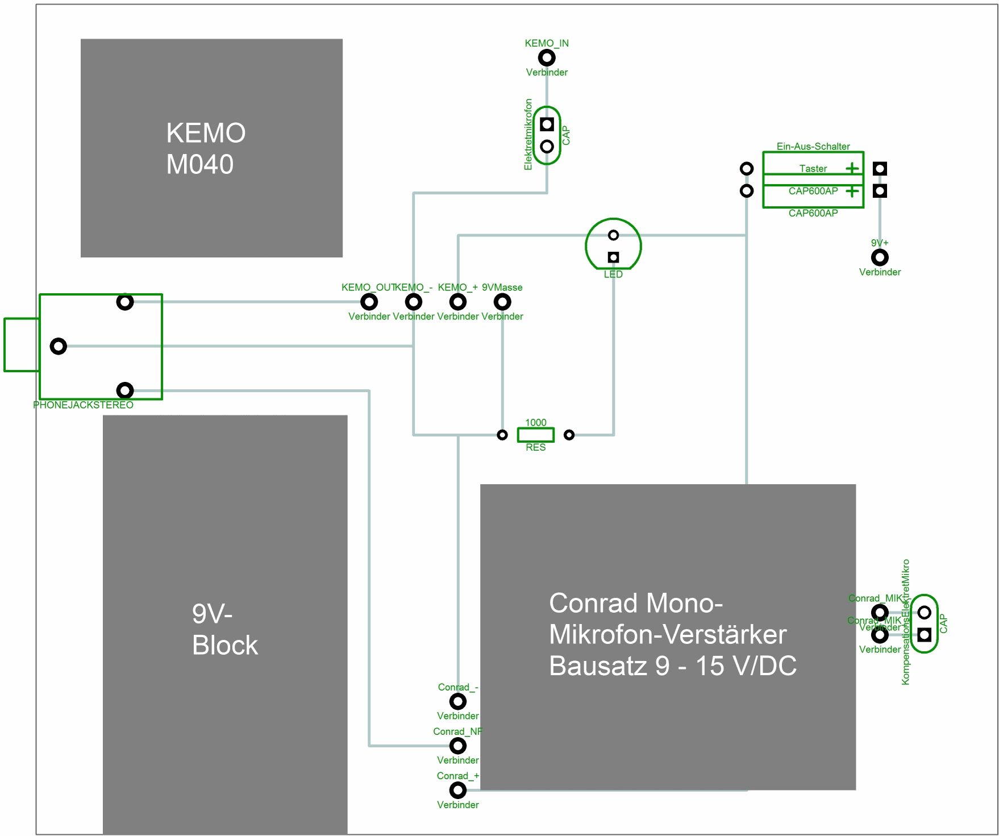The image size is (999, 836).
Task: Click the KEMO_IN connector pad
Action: (547, 57)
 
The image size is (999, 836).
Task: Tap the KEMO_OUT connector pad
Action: (369, 302)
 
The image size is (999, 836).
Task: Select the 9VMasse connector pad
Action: (502, 302)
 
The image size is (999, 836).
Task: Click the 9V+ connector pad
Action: (880, 257)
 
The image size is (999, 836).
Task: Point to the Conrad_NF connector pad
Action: (458, 746)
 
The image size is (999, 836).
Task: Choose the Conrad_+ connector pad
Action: (458, 790)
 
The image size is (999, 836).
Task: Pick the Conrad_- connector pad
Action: (458, 701)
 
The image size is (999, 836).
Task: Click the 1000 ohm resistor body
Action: (535, 435)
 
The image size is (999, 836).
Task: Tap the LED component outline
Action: (613, 245)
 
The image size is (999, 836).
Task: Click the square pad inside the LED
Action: (613, 257)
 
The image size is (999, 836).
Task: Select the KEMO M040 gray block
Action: (211, 148)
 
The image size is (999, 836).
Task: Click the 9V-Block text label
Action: (224, 629)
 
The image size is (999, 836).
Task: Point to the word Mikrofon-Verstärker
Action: (668, 634)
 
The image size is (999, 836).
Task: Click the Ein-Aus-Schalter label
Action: (813, 146)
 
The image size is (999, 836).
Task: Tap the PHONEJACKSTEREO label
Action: (83, 405)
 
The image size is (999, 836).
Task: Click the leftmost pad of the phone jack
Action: (59, 346)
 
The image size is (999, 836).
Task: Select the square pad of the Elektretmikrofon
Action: (547, 124)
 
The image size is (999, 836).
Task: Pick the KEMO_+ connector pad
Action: (458, 302)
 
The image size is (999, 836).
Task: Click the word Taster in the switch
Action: (813, 169)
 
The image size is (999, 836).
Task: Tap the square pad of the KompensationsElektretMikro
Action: (925, 635)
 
